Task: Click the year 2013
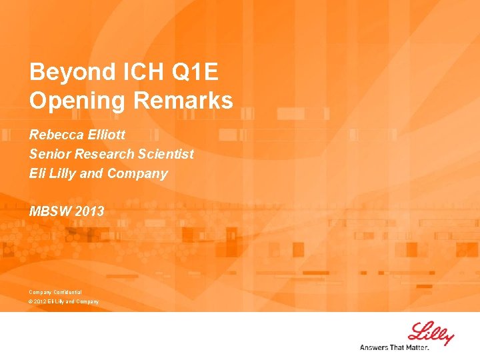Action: click(x=90, y=211)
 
